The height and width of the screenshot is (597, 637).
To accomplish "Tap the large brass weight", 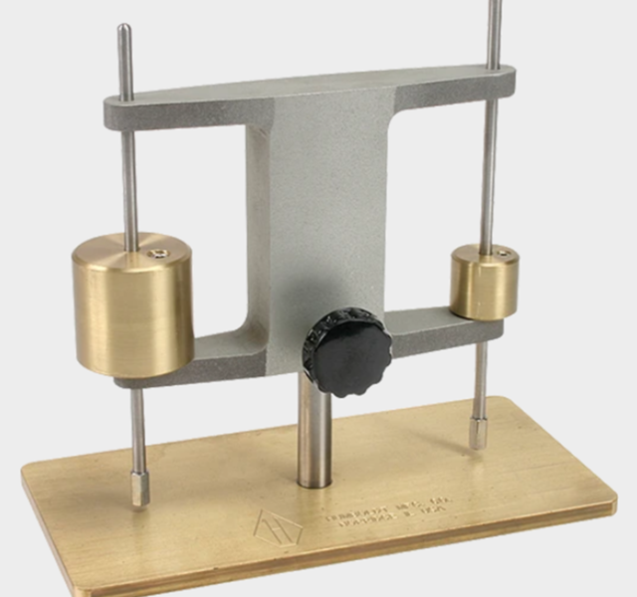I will (132, 306).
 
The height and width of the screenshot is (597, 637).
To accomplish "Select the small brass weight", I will (483, 284).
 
